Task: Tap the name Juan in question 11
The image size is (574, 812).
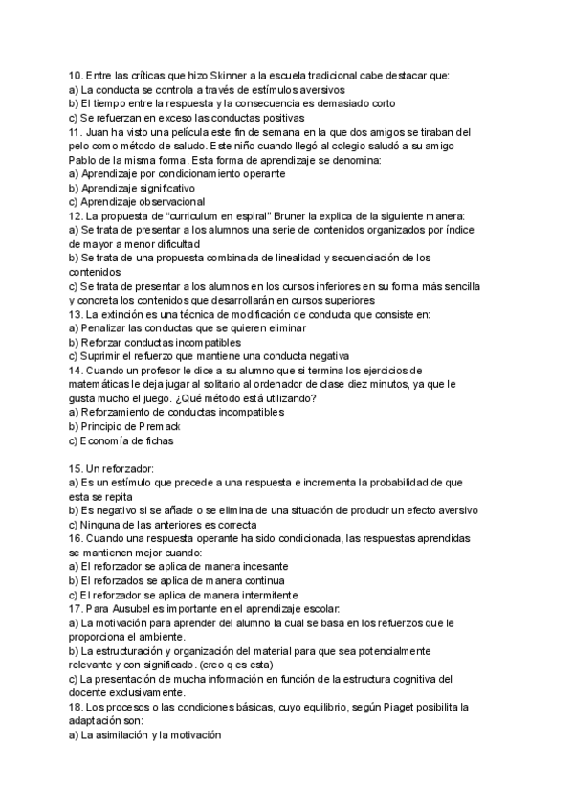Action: coord(99,131)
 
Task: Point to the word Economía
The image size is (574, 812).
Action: coord(113,440)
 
